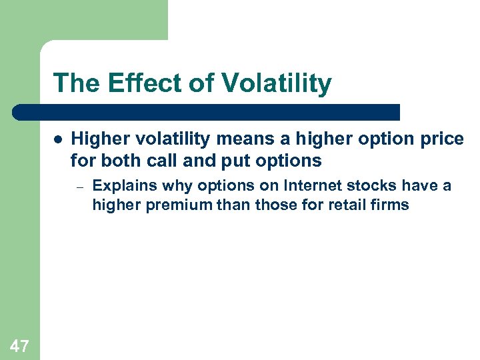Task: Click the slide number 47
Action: (x=19, y=345)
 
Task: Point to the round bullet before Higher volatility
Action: (x=58, y=140)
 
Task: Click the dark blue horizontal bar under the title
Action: (x=207, y=112)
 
